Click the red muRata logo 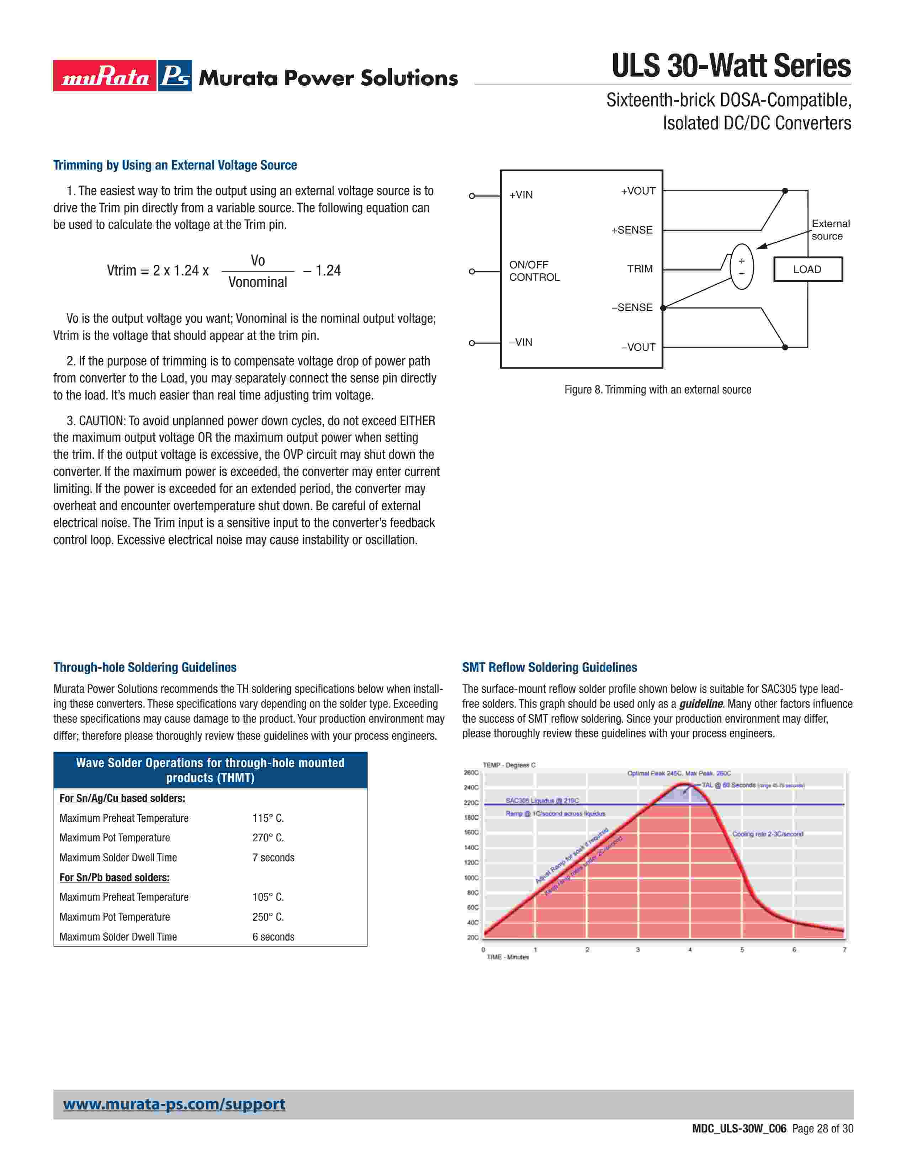pyautogui.click(x=105, y=76)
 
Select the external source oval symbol pyautogui.click(x=742, y=266)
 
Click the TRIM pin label pyautogui.click(x=640, y=268)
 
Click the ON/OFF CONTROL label pyautogui.click(x=534, y=271)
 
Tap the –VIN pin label pyautogui.click(x=521, y=342)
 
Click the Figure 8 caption pyautogui.click(x=657, y=389)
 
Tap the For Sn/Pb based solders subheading pyautogui.click(x=115, y=877)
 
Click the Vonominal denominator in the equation pyautogui.click(x=258, y=283)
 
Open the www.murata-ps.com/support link pyautogui.click(x=174, y=1104)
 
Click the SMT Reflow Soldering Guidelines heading pyautogui.click(x=549, y=667)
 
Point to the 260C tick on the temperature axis pyautogui.click(x=471, y=772)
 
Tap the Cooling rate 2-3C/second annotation pyautogui.click(x=767, y=834)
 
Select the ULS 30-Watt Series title pyautogui.click(x=731, y=66)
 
